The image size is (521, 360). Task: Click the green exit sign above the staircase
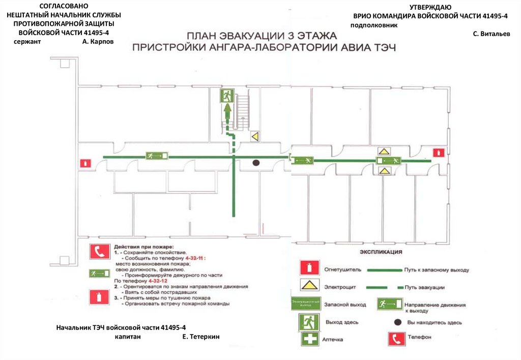[227, 96]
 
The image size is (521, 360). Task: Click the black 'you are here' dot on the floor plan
[256, 163]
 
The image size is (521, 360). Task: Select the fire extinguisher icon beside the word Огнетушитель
[307, 269]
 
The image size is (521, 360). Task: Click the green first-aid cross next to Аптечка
[309, 339]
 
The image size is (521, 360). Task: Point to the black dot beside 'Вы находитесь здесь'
[396, 322]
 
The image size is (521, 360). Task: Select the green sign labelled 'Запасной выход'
[305, 304]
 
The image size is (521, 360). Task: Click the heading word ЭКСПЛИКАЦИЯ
[381, 252]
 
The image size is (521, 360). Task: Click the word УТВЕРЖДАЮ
[430, 7]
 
